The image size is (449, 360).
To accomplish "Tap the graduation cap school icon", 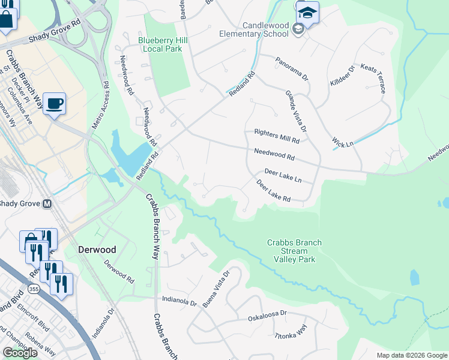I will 307,13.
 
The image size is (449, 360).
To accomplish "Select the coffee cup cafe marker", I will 54,103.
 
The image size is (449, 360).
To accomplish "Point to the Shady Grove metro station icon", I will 46,203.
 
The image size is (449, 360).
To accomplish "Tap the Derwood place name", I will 96,249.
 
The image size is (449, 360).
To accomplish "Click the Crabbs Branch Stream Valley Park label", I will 294,251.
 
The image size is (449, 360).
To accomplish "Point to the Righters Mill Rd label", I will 276,136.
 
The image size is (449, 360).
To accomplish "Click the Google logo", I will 19,353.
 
